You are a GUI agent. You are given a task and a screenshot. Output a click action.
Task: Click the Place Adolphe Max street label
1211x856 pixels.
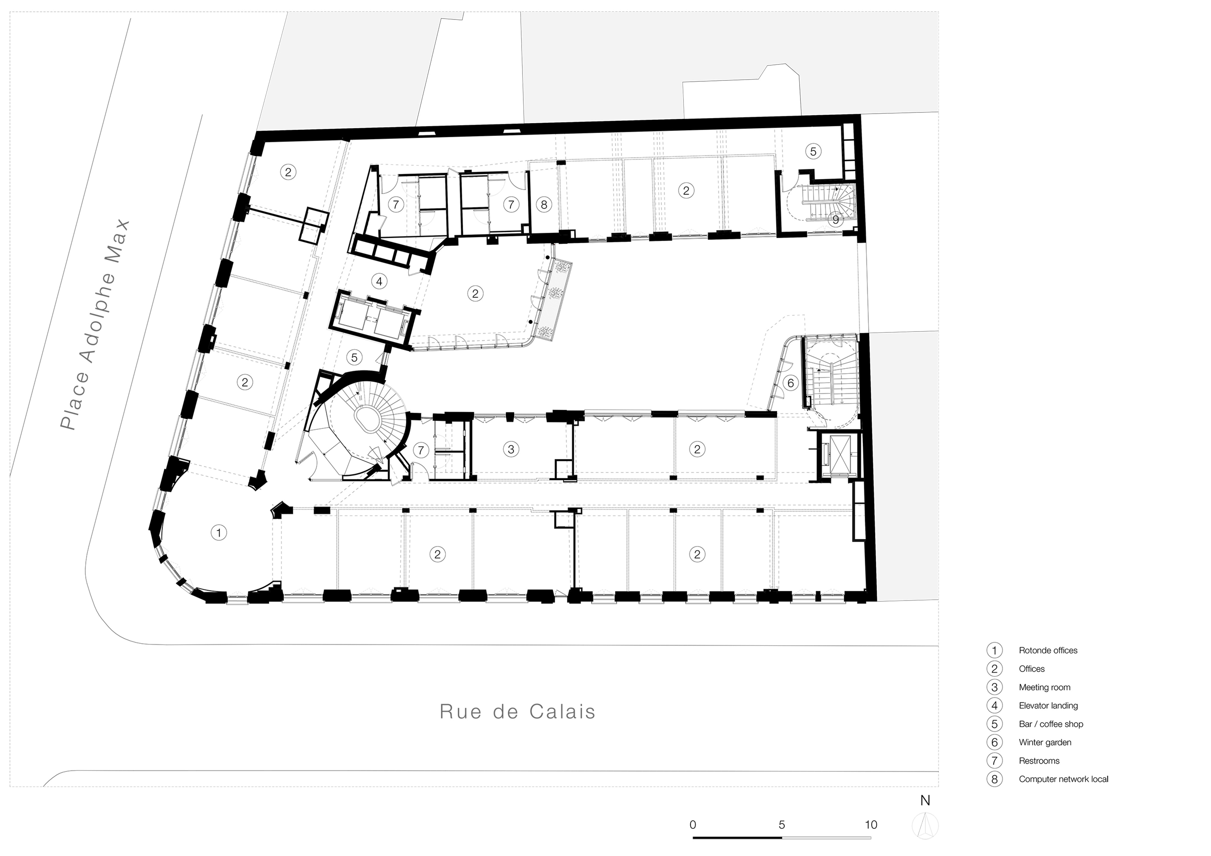click(x=95, y=325)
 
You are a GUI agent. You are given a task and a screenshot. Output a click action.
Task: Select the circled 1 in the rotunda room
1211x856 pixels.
click(x=218, y=533)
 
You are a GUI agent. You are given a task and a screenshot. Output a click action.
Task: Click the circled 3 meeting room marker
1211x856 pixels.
click(x=511, y=449)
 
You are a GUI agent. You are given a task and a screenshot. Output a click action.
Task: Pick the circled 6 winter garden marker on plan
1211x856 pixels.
click(x=790, y=383)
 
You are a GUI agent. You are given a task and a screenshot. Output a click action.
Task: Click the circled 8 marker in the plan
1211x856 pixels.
click(x=544, y=204)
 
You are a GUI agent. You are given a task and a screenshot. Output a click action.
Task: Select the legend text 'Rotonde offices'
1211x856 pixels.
click(x=1048, y=650)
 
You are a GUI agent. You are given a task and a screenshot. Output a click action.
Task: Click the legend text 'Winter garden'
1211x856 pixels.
click(x=1045, y=742)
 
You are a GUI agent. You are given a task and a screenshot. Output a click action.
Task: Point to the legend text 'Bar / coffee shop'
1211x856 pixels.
click(x=1051, y=724)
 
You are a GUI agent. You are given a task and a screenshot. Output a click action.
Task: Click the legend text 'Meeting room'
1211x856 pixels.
click(x=1044, y=687)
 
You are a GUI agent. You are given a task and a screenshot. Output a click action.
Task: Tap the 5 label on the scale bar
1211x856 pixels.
click(x=782, y=824)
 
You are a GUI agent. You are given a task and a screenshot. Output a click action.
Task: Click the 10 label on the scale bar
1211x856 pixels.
click(x=871, y=824)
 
